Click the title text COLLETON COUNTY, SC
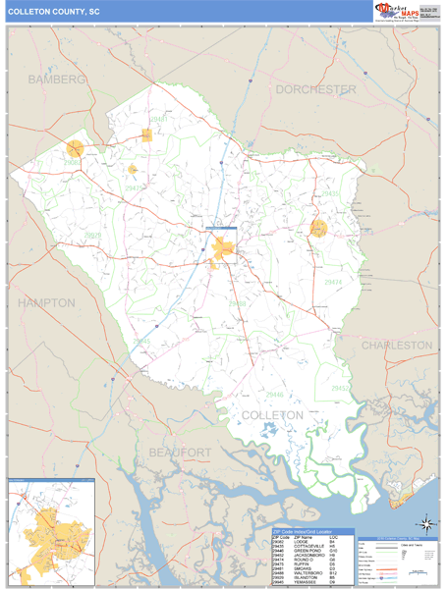pyautogui.click(x=54, y=12)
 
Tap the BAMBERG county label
pyautogui.click(x=57, y=79)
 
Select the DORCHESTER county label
pyautogui.click(x=315, y=89)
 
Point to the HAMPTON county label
pyautogui.click(x=46, y=303)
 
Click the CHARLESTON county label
pyautogui.click(x=396, y=346)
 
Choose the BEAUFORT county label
pyautogui.click(x=180, y=451)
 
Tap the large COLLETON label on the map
pyautogui.click(x=272, y=415)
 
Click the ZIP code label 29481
pyautogui.click(x=158, y=119)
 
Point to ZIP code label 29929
pyautogui.click(x=91, y=236)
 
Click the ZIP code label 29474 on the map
pyautogui.click(x=334, y=282)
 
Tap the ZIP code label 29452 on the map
pyautogui.click(x=340, y=388)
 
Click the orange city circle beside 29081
pyautogui.click(x=76, y=150)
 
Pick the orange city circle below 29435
pyautogui.click(x=318, y=229)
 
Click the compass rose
pyautogui.click(x=422, y=524)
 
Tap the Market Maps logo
pyautogui.click(x=395, y=12)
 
